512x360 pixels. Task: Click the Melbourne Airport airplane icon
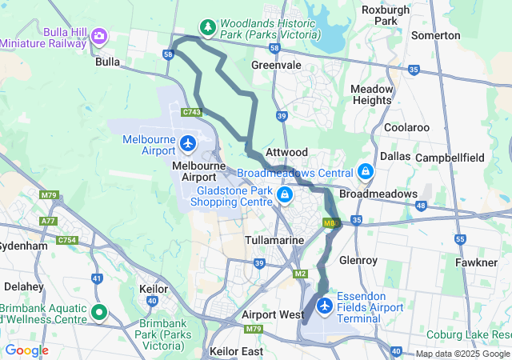188,144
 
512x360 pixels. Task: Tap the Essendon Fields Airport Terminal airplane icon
325,306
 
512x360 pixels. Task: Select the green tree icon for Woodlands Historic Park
208,28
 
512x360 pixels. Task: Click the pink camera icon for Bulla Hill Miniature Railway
99,35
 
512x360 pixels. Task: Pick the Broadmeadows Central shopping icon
365,172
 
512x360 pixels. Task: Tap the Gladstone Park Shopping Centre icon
284,195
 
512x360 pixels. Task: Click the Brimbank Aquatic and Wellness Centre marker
99,312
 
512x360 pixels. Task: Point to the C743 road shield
191,113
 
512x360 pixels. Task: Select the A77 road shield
49,221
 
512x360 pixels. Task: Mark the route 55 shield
459,238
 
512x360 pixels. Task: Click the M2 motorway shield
301,274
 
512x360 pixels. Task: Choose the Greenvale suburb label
276,65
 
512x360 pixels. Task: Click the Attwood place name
286,152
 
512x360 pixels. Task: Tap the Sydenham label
24,246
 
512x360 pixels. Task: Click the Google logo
26,350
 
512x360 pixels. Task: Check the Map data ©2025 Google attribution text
462,354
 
